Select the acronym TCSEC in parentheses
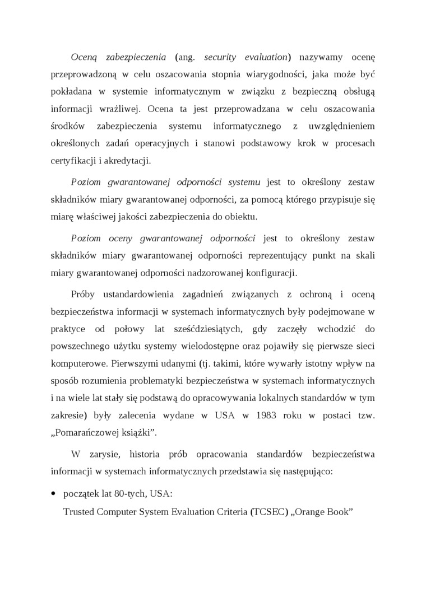coord(271,512)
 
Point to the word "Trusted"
coord(78,512)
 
